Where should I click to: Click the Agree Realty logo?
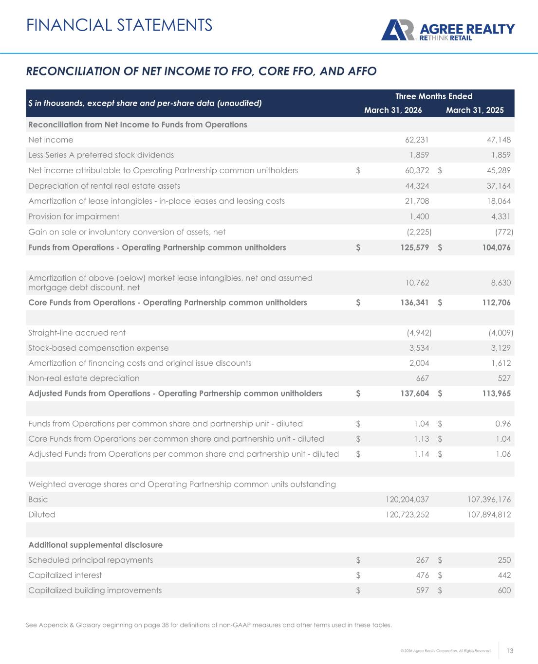pos(447,31)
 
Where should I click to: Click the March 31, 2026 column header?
pos(393,110)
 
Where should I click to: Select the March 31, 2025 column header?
pos(475,110)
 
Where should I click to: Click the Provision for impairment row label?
pos(74,216)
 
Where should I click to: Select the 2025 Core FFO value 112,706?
pos(494,303)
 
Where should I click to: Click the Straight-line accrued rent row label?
pos(77,333)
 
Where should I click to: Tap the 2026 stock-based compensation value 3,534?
pos(418,348)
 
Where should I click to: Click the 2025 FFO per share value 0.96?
pos(503,424)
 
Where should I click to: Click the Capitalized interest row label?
pos(65,575)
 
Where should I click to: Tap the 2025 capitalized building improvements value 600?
pos(504,591)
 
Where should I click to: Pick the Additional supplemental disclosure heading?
pos(95,545)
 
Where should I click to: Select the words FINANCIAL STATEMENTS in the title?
pos(119,25)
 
